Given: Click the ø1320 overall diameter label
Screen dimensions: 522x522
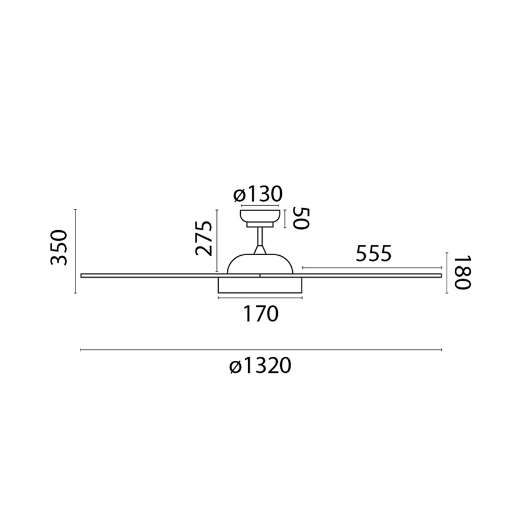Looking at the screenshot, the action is [x=260, y=366].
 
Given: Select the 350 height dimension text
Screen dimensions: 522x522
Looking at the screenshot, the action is [x=59, y=247].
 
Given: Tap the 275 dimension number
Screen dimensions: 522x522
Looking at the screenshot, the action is [x=204, y=238].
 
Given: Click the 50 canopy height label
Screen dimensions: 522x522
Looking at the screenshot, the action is [x=301, y=219].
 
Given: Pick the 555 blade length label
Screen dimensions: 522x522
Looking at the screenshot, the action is [x=374, y=253].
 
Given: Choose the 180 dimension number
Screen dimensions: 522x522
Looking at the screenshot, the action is [x=462, y=273].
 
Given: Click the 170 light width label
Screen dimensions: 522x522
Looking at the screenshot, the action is [x=260, y=314].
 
